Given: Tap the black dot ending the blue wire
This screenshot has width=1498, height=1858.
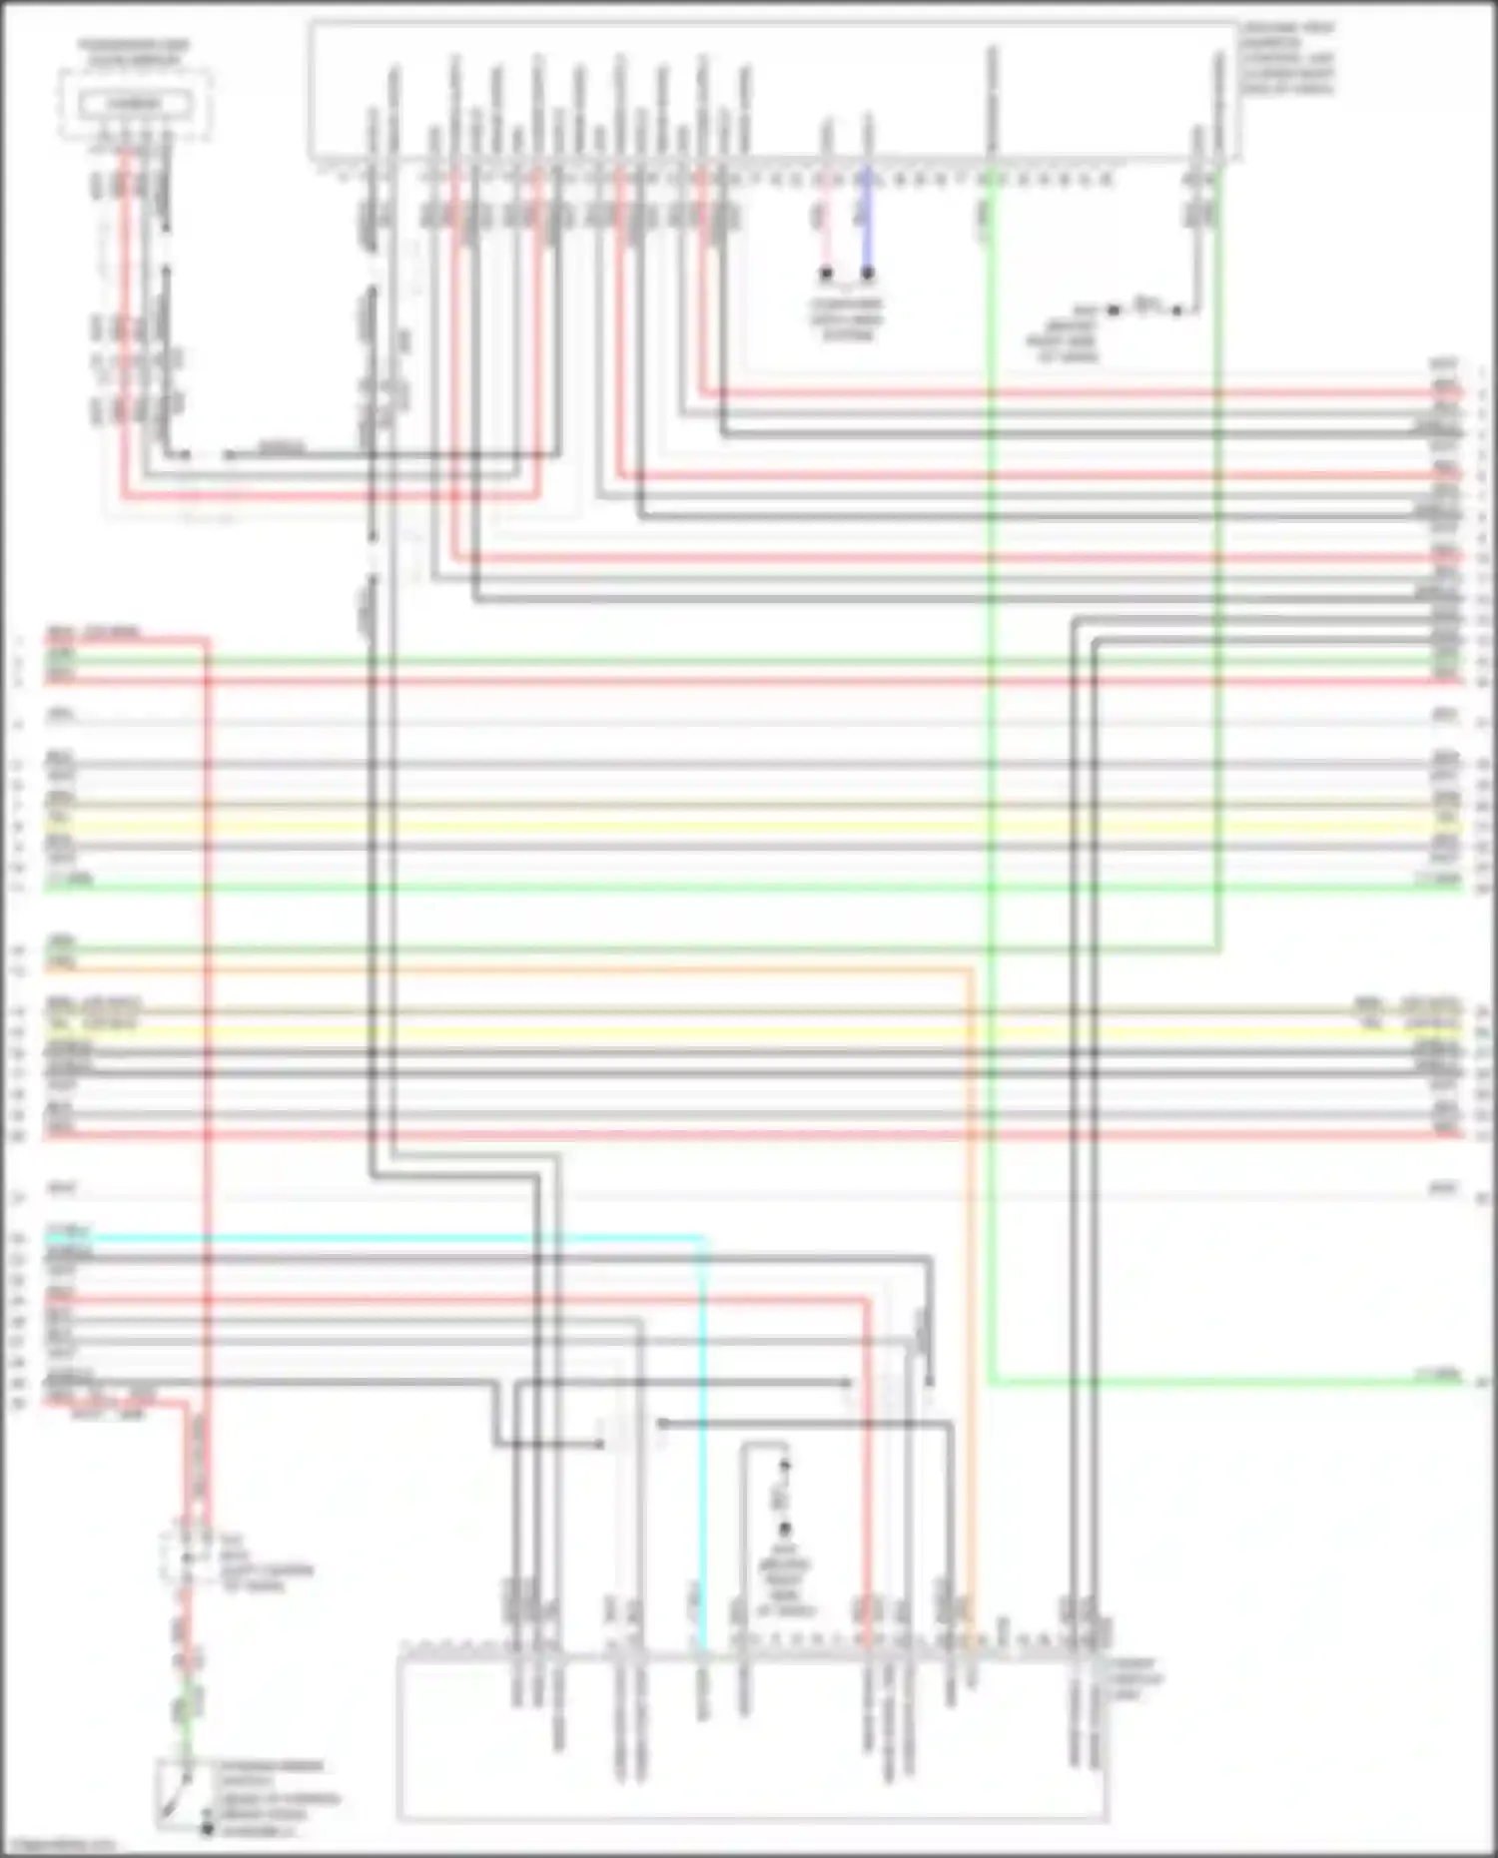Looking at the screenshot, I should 867,273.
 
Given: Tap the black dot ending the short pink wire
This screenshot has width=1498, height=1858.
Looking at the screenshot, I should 826,273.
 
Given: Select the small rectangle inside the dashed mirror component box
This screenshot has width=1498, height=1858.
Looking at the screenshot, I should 134,104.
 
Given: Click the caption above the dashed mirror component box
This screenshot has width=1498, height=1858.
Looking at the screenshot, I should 134,53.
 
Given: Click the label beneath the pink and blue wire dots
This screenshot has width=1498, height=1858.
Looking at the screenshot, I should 846,319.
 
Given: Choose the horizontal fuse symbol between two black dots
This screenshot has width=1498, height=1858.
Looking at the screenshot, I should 1145,306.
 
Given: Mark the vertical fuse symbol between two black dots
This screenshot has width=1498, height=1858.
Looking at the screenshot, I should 784,1498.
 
